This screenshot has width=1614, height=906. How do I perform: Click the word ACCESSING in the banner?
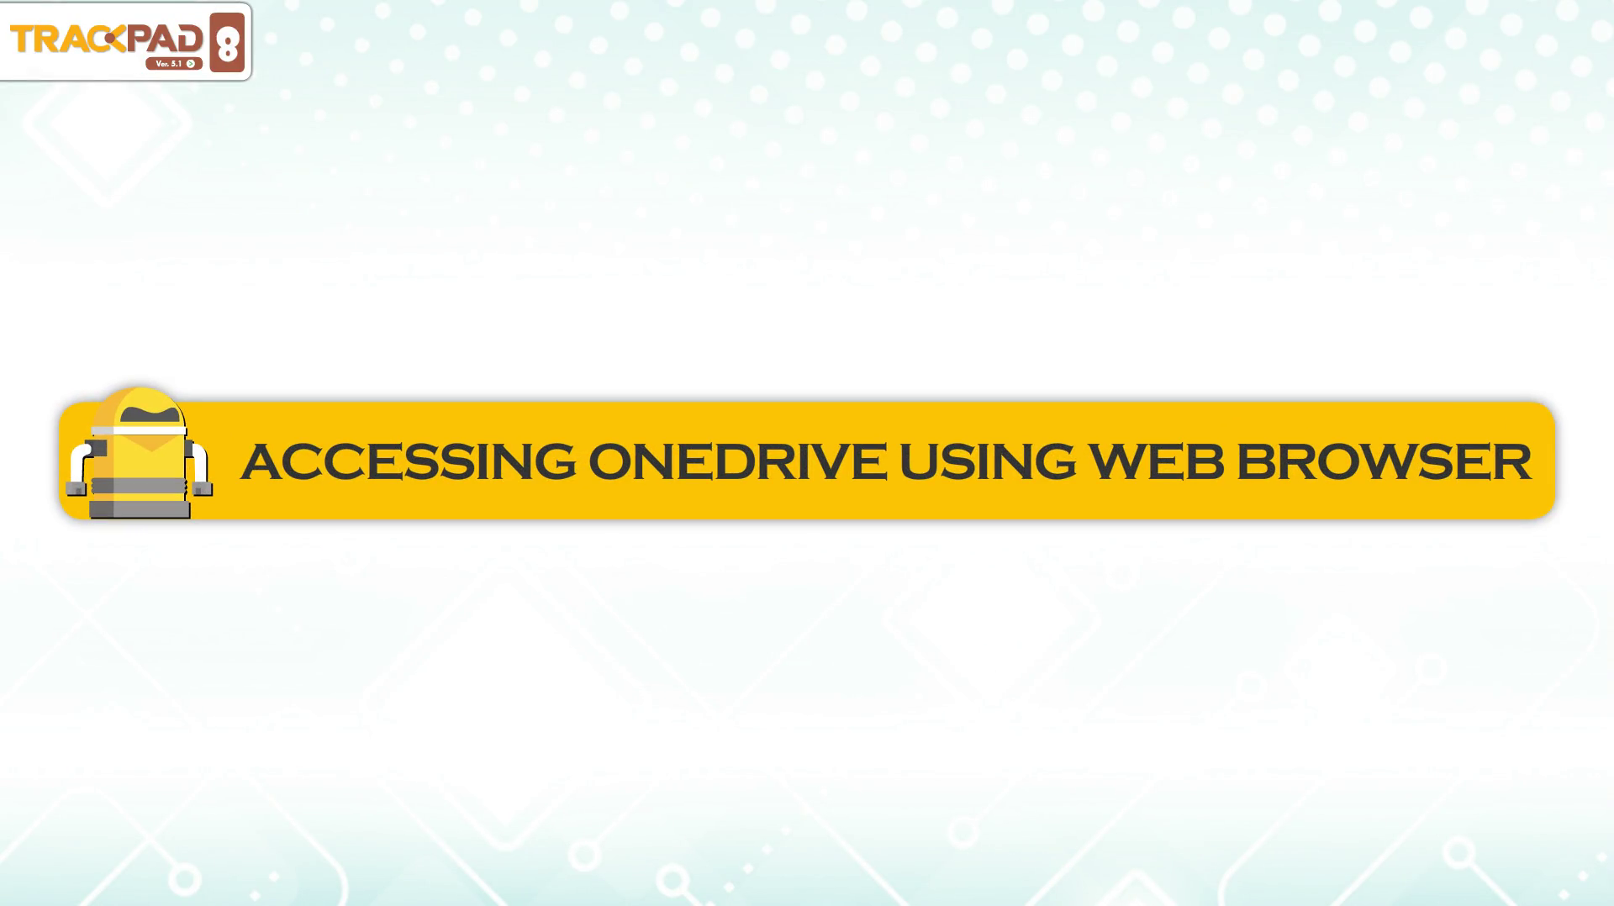409,461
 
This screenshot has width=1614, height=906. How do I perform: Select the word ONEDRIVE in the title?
737,461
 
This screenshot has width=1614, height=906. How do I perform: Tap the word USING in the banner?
988,461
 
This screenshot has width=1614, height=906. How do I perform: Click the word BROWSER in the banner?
1384,461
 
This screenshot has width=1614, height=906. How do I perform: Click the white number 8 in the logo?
227,43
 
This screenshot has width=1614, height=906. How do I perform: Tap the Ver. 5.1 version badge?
174,64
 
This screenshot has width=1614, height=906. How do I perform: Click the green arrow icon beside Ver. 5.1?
191,64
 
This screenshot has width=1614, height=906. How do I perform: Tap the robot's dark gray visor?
150,414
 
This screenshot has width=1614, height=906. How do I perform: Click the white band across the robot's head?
139,430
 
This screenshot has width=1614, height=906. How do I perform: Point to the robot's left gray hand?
76,487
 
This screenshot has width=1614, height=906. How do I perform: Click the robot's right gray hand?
203,487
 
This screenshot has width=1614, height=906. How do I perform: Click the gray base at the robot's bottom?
140,509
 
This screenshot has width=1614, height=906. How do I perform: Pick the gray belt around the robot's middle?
139,486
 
